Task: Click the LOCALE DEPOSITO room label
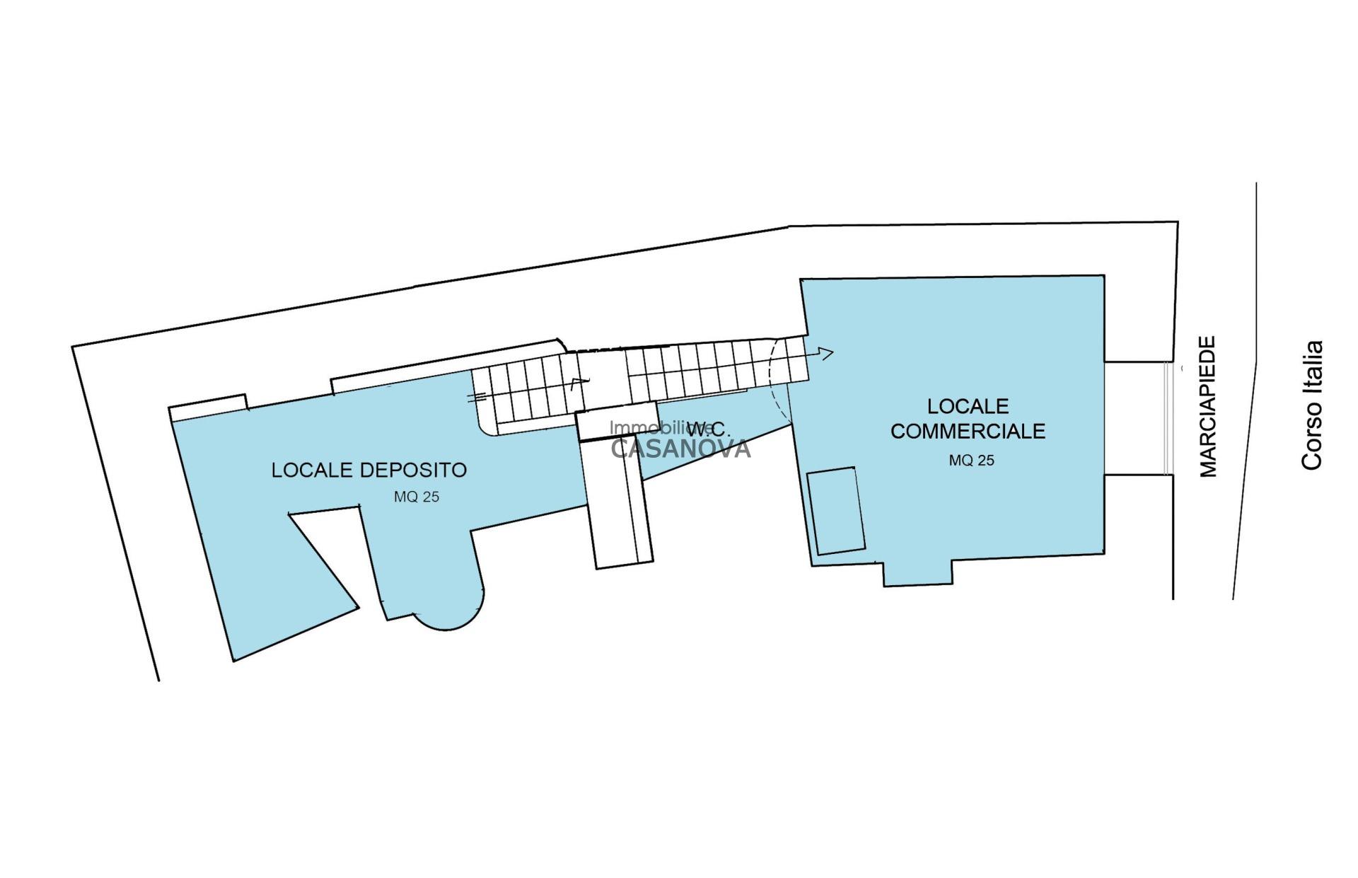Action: pos(368,470)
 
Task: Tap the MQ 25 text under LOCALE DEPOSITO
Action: pos(416,497)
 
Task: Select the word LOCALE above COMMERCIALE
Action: pos(968,406)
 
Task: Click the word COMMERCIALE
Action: pos(968,431)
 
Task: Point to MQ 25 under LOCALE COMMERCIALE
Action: pos(971,461)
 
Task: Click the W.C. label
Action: pos(708,429)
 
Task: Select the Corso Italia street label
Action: pos(1312,405)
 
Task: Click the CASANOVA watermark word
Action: pos(680,449)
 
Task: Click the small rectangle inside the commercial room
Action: pos(836,510)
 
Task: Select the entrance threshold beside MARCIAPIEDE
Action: pos(1168,417)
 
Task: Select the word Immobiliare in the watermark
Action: pos(651,428)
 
